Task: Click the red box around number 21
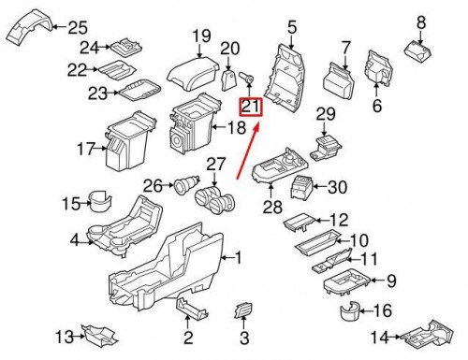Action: (251, 106)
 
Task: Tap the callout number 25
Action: (75, 26)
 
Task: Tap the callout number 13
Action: (63, 337)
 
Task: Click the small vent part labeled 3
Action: (242, 310)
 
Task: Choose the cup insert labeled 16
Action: (350, 310)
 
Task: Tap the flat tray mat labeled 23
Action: (137, 91)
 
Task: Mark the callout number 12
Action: (338, 220)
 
